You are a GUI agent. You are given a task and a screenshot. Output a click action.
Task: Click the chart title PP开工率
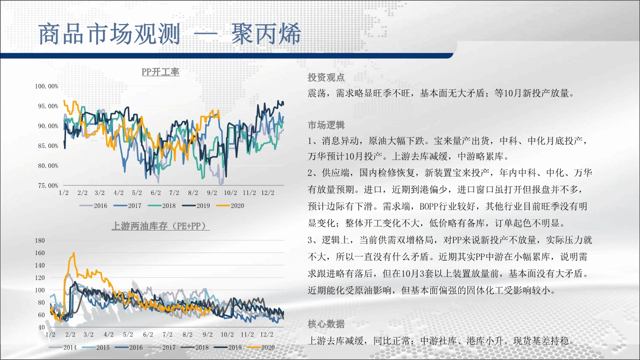[160, 71]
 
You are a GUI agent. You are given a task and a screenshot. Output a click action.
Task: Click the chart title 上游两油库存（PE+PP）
[160, 226]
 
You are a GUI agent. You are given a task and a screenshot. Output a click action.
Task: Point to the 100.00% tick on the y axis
[46, 86]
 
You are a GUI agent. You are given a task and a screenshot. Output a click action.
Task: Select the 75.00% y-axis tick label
[48, 185]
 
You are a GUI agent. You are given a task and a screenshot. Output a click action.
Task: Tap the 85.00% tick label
[48, 146]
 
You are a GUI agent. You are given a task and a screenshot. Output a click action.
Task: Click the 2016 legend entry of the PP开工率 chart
[93, 205]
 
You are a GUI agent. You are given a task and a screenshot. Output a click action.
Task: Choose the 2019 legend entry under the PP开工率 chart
[196, 205]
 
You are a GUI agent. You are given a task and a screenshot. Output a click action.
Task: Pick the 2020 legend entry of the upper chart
[230, 205]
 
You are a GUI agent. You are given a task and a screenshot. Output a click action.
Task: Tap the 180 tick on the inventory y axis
[40, 240]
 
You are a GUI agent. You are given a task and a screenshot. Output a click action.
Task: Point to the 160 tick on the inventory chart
[40, 253]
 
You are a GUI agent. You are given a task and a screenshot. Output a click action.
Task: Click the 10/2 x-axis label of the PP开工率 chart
[230, 193]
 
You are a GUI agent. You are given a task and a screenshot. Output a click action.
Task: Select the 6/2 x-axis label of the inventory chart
[148, 334]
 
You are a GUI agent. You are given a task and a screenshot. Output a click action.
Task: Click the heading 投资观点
[326, 77]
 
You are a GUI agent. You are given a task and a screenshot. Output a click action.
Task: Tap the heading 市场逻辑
[326, 125]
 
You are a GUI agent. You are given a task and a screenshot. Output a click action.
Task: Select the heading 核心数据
[326, 324]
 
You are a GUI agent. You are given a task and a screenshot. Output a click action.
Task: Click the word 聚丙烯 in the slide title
[266, 33]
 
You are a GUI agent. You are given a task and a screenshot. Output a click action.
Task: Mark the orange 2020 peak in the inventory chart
[74, 253]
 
